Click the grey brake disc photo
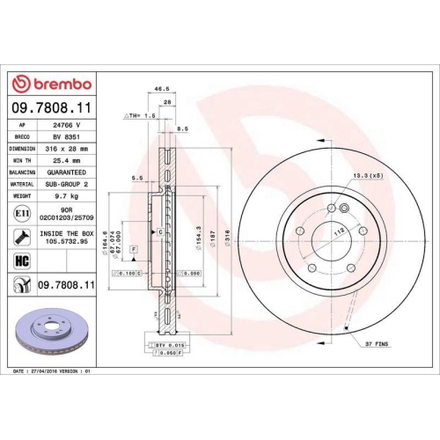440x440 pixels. [x=55, y=329]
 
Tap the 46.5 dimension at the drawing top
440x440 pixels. [x=161, y=89]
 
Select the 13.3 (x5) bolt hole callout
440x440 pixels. [x=367, y=177]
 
